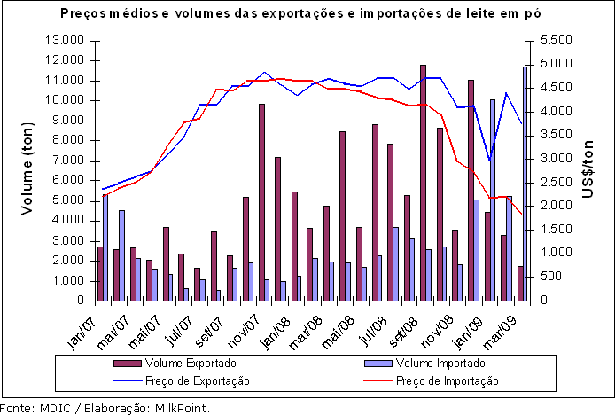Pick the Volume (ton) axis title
pos(29,170)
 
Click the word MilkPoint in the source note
pos(183,409)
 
